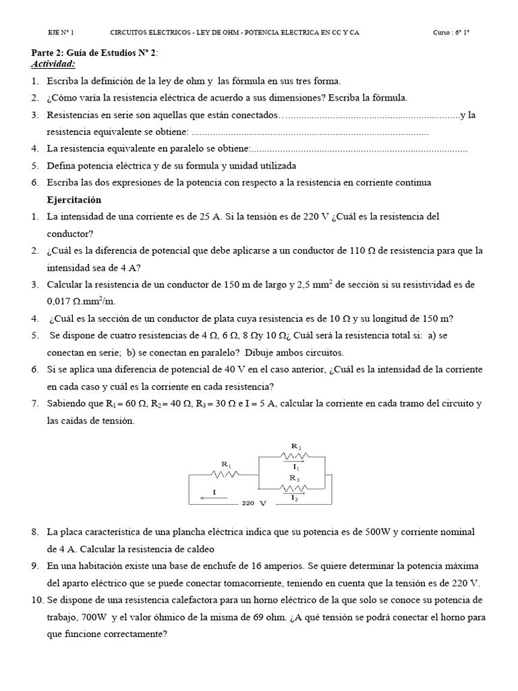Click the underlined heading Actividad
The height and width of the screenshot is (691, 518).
click(x=53, y=64)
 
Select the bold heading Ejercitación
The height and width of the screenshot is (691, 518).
click(x=74, y=200)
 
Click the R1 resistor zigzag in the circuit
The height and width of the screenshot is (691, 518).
click(x=227, y=474)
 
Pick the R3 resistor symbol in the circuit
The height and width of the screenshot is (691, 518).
click(x=295, y=487)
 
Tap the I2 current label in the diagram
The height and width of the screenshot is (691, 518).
click(x=295, y=498)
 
